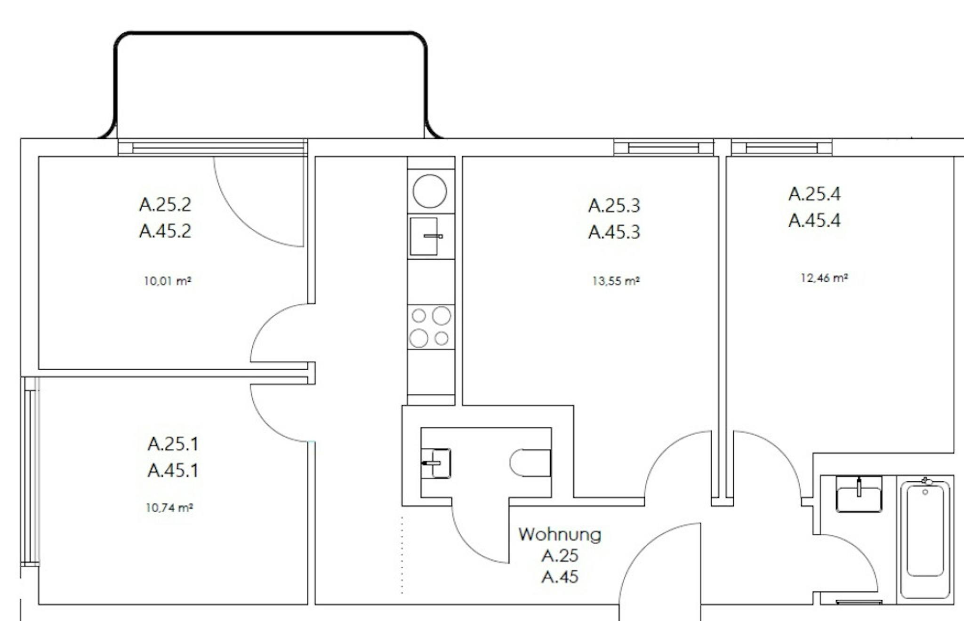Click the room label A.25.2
click(165, 205)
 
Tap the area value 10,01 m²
click(168, 281)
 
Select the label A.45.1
click(173, 470)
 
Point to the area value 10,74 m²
click(169, 508)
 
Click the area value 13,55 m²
click(616, 281)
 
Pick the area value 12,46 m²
click(824, 278)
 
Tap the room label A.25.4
click(814, 194)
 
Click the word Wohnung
click(560, 534)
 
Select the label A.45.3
click(614, 232)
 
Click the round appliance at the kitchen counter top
click(430, 191)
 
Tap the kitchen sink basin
click(424, 236)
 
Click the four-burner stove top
click(431, 327)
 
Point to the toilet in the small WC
click(530, 463)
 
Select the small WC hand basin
click(436, 463)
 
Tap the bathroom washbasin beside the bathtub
click(859, 494)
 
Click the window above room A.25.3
click(664, 148)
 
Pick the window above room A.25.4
click(781, 148)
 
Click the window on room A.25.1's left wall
click(30, 471)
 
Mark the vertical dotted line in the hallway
click(402, 555)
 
